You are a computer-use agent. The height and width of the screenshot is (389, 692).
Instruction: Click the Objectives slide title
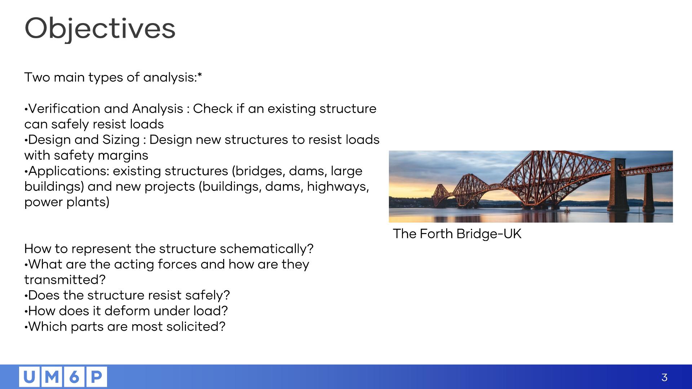[x=100, y=29]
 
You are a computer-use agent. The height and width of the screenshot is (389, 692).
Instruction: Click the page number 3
[x=664, y=377]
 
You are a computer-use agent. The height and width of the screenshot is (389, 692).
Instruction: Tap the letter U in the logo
[x=30, y=377]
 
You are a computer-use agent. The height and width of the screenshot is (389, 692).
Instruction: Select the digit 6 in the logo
[x=74, y=377]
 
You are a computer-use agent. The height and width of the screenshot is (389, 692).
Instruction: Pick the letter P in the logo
[x=96, y=377]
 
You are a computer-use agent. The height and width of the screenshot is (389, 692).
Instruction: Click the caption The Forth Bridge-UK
[x=457, y=234]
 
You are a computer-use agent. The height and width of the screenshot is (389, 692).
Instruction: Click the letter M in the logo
[x=52, y=377]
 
